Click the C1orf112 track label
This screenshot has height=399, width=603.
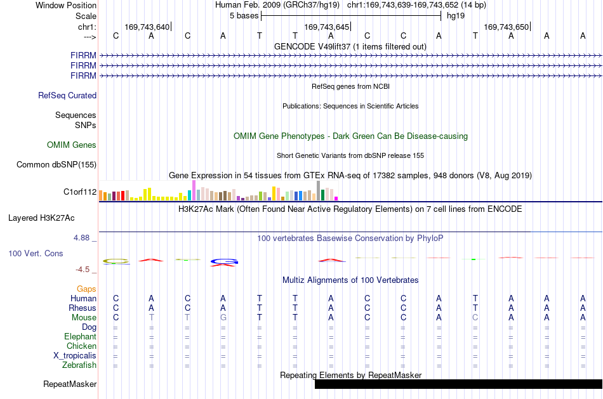point(80,192)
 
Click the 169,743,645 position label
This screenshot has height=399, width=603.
point(326,27)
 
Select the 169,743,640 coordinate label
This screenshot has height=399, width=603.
point(147,27)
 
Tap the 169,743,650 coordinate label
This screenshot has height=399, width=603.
point(506,27)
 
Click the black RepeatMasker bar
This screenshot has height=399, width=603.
point(458,384)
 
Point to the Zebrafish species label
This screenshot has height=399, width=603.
point(79,365)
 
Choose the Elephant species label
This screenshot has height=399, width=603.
point(81,337)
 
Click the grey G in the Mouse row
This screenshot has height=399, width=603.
point(223,318)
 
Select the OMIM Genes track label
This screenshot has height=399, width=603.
point(72,145)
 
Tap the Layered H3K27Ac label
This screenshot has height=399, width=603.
point(41,218)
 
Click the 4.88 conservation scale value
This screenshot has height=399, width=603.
point(81,238)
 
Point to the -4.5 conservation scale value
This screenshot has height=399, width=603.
point(83,270)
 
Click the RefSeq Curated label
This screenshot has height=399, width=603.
point(67,95)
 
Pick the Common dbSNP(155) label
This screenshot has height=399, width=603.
point(56,164)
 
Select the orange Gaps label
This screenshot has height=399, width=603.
point(86,289)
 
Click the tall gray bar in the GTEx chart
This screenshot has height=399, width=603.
point(318,191)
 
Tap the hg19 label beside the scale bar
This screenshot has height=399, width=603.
point(456,16)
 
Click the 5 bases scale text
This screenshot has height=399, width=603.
point(244,16)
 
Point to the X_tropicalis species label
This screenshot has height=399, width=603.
point(75,356)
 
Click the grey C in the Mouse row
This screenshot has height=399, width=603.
point(475,318)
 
